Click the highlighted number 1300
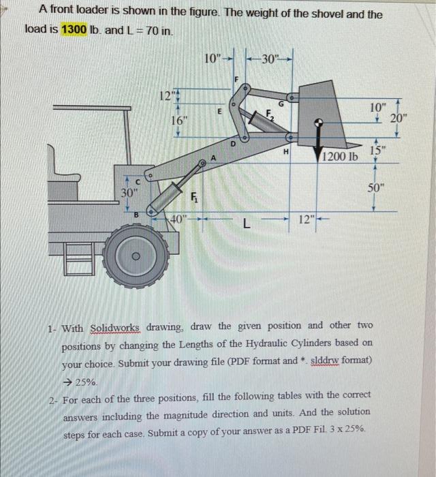coord(74,30)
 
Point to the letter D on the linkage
coord(232,143)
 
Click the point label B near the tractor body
coord(136,213)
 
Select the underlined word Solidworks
coord(114,328)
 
